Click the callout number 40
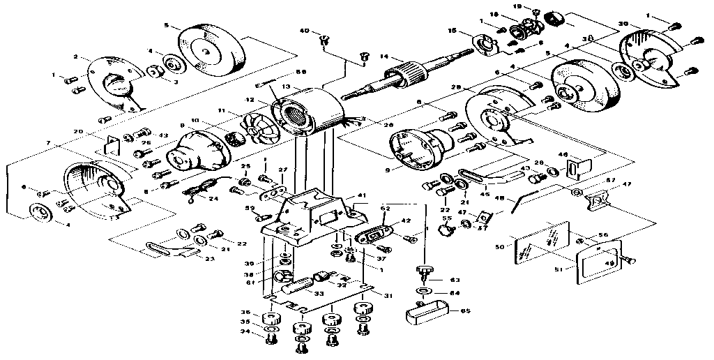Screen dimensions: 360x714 (305, 31)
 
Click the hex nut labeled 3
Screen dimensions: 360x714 (151, 71)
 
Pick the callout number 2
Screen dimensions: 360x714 (75, 57)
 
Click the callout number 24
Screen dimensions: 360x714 (213, 198)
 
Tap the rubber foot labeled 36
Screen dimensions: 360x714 (267, 320)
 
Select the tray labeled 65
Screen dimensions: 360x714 (425, 310)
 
